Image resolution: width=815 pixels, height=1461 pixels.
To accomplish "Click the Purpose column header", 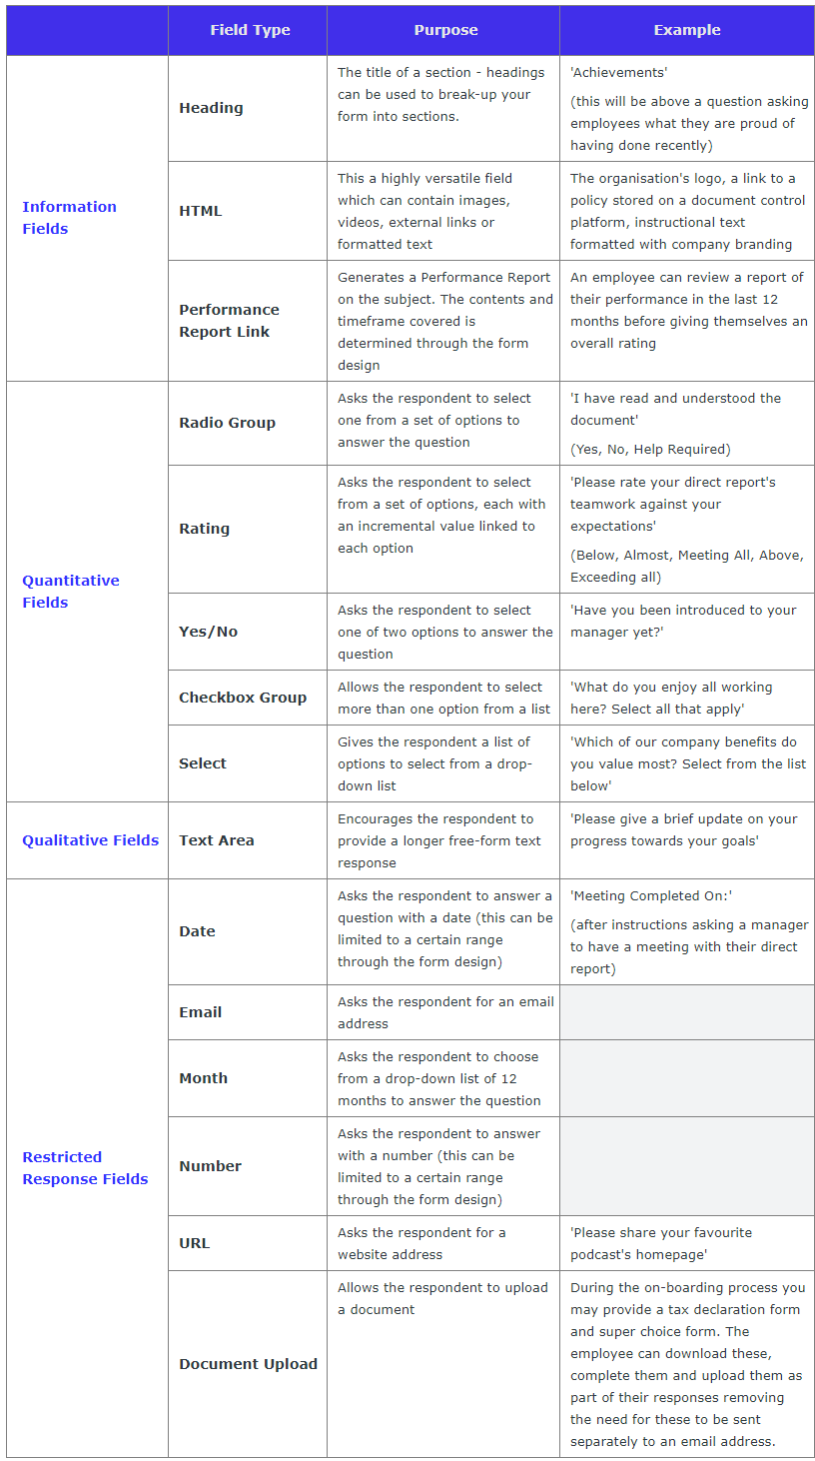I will (x=445, y=30).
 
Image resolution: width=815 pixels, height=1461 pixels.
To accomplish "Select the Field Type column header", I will (x=250, y=30).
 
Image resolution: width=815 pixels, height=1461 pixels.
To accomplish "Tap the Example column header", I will (x=686, y=30).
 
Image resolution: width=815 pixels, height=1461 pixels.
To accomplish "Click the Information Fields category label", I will (x=69, y=218).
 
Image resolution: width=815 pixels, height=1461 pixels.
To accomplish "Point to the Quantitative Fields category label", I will (x=70, y=592).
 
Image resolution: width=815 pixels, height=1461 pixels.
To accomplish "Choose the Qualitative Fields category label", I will (x=90, y=840).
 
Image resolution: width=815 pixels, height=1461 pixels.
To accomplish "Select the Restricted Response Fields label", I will (x=85, y=1168).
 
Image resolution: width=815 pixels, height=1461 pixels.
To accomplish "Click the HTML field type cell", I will (x=201, y=211).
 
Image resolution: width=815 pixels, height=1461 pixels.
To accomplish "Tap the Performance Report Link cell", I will (x=229, y=321).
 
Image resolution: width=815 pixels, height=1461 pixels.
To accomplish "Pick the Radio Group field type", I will (x=227, y=423).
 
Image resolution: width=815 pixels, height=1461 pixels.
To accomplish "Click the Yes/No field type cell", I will (x=208, y=632).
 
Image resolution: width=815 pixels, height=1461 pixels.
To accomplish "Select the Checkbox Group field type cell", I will (x=243, y=698).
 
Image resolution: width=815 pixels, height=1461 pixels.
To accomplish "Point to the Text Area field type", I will (x=216, y=840).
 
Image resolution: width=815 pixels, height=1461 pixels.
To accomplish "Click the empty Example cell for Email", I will (x=686, y=1012).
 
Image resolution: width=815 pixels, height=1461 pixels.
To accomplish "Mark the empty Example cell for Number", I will (x=686, y=1166).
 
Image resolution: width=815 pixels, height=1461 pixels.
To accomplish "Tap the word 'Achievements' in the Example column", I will (x=618, y=73).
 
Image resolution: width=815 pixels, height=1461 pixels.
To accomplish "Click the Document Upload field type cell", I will (x=248, y=1364).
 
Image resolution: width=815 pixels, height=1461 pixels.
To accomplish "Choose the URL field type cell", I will (x=194, y=1243).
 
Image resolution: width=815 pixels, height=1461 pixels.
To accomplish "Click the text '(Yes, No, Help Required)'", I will (x=650, y=449).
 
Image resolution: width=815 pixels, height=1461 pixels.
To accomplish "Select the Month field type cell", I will (x=203, y=1078).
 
